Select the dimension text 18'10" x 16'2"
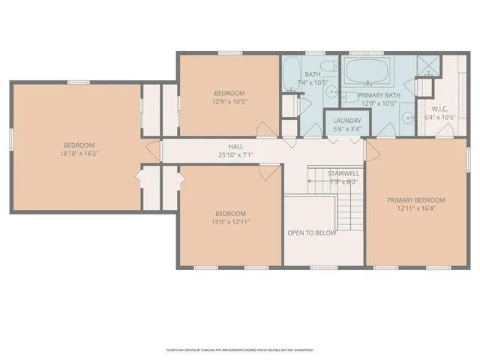(x=79, y=153)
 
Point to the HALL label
(x=236, y=146)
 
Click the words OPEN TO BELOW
(x=311, y=232)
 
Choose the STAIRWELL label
(x=343, y=173)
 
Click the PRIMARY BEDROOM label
(x=416, y=200)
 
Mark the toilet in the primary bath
(x=351, y=97)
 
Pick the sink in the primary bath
(x=406, y=117)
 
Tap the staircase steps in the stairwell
(x=346, y=210)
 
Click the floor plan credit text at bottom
(x=239, y=349)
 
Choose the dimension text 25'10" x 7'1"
(x=236, y=155)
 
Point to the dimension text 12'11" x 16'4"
(x=416, y=209)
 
